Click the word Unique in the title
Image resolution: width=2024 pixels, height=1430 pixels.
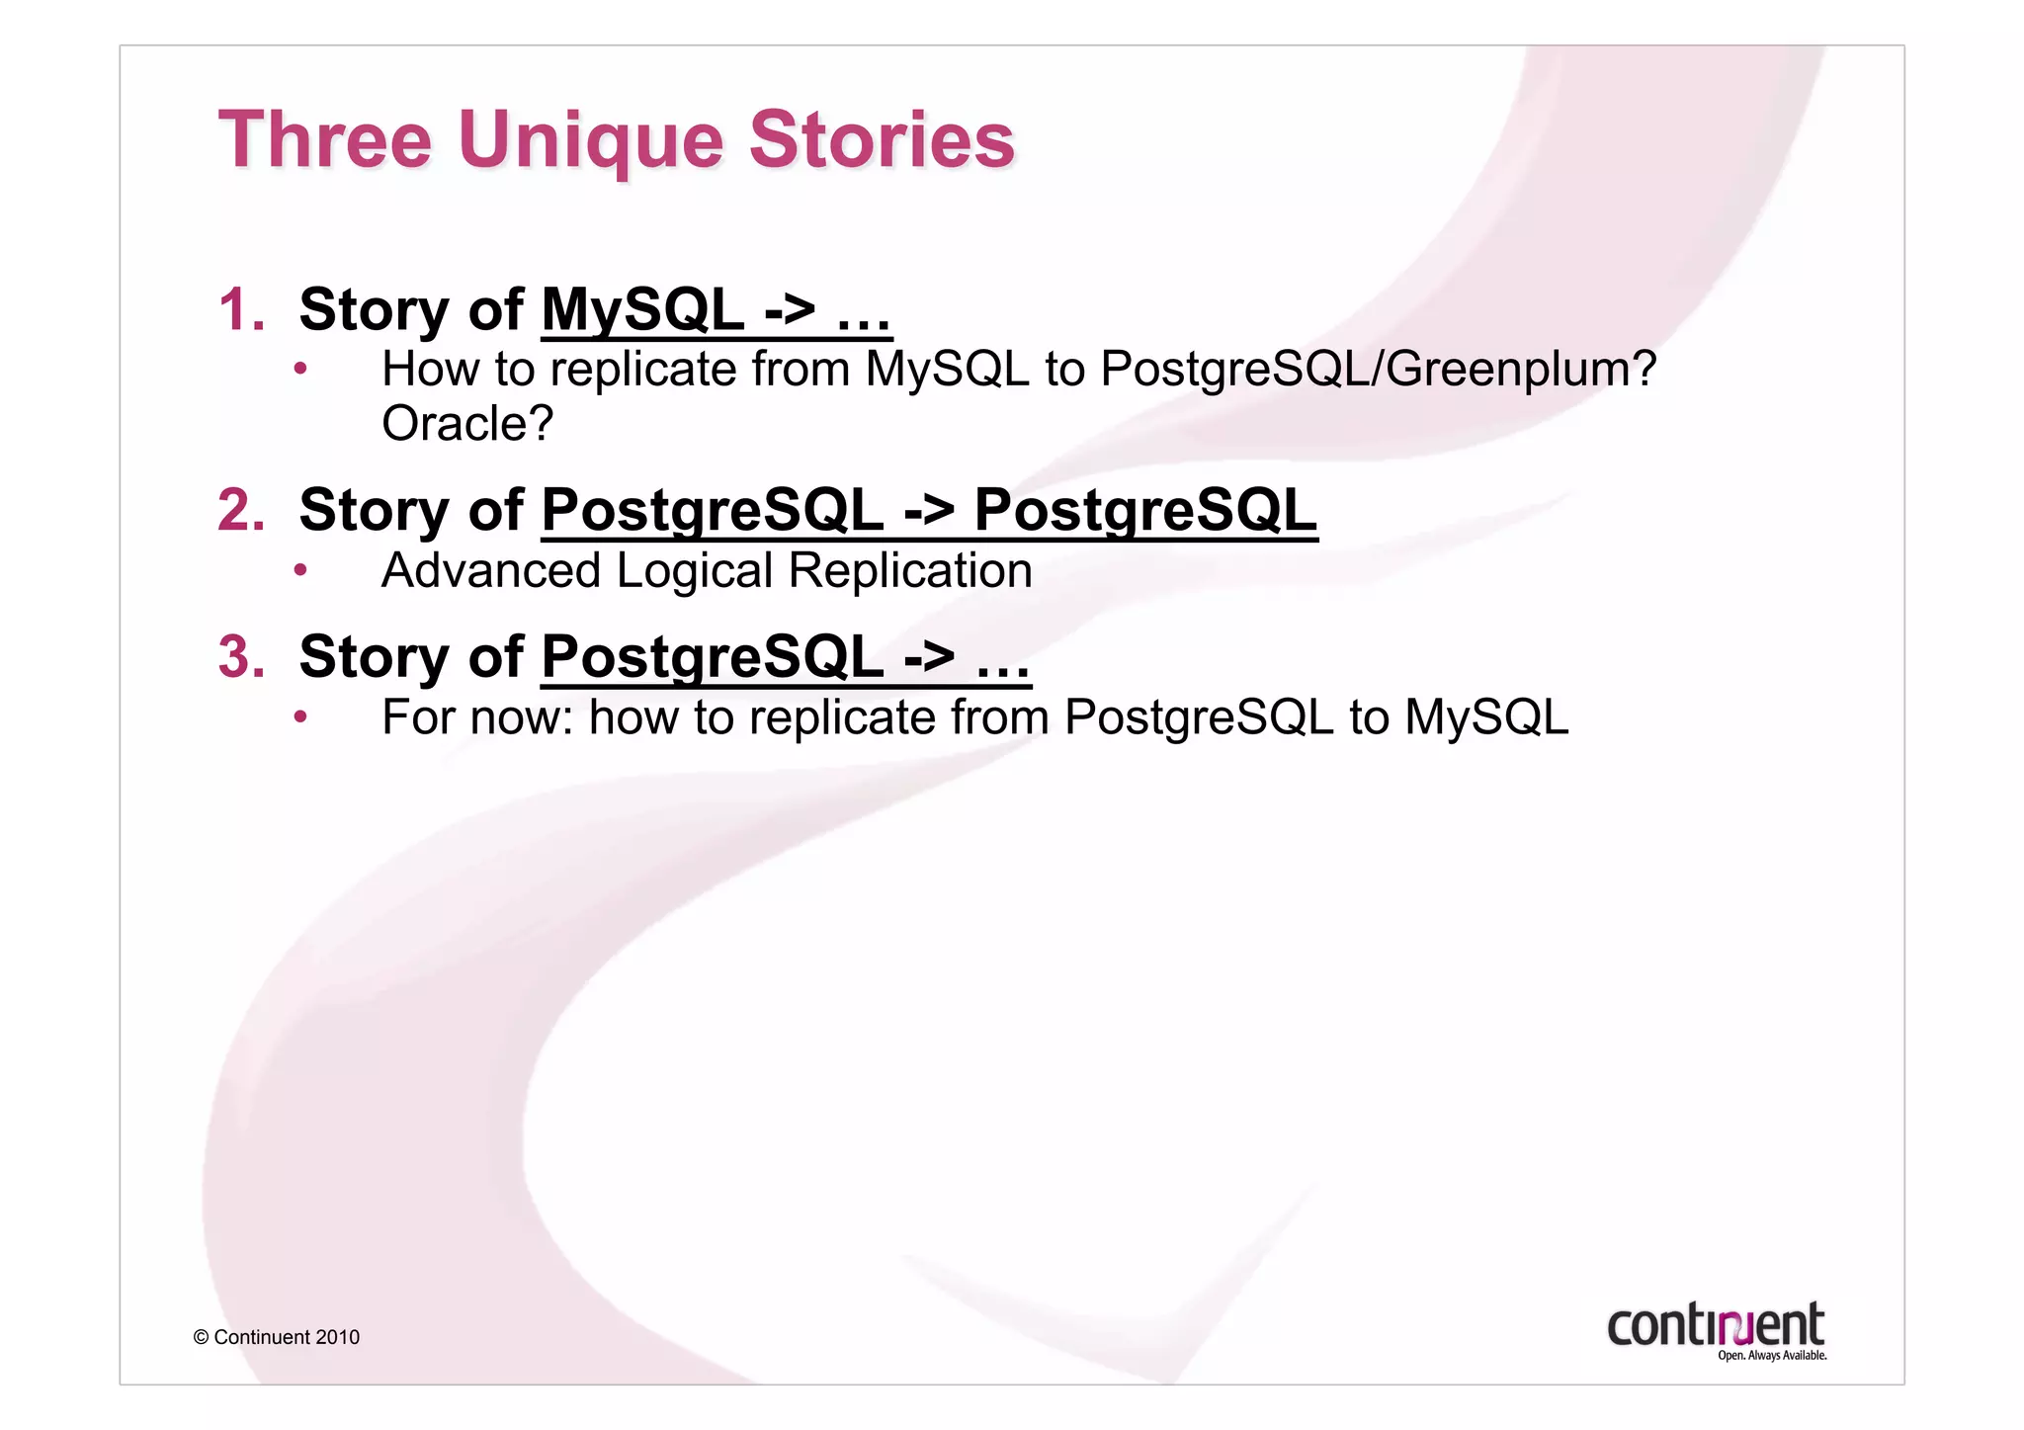[x=590, y=140]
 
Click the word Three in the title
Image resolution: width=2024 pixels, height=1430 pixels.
[x=325, y=140]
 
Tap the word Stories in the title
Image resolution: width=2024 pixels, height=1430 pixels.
[x=881, y=140]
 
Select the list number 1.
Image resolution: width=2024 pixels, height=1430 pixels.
[x=241, y=309]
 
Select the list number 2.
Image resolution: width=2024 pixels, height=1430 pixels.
[x=241, y=510]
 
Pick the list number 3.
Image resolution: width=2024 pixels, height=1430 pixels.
[x=241, y=656]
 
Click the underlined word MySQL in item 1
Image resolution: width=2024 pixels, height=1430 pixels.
[x=642, y=309]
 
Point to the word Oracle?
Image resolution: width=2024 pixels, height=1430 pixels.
[x=466, y=424]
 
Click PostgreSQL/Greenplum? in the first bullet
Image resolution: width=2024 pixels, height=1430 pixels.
[x=1378, y=369]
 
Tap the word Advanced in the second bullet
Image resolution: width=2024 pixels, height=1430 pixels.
[x=491, y=571]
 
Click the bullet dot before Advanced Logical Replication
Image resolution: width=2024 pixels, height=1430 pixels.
[x=300, y=570]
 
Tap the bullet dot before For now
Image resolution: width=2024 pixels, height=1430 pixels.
[x=300, y=716]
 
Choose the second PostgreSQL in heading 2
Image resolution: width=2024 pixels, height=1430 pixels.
[x=1145, y=510]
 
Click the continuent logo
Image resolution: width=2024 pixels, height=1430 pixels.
[x=1715, y=1324]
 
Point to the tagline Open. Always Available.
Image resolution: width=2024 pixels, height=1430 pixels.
[x=1771, y=1355]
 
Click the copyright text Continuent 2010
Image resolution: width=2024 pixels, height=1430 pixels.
[x=277, y=1337]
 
